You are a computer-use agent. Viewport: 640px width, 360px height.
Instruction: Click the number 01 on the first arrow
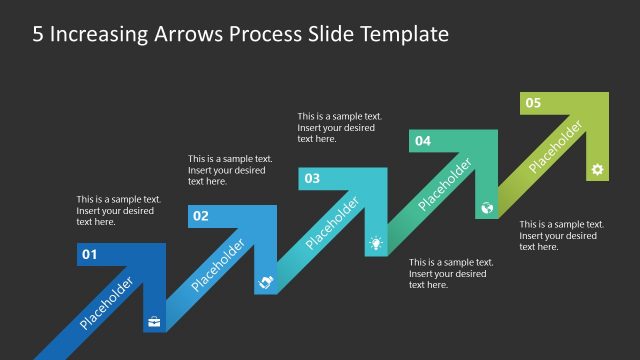coord(89,255)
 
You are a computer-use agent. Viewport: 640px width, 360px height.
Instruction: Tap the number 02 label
coord(201,216)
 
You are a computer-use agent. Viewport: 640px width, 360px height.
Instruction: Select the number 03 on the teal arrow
coord(312,179)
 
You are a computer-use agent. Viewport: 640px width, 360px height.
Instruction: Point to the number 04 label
coord(423,141)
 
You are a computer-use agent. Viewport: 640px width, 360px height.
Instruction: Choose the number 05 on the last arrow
coord(533,103)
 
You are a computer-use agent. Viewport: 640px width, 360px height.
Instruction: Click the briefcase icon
coord(154,321)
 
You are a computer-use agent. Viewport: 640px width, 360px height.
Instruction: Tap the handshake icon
coord(265,283)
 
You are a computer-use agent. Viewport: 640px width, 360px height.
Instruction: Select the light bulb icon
coord(376,243)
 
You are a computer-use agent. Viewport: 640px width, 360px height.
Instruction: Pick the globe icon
coord(487,208)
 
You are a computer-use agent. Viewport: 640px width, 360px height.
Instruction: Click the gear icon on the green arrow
coord(597,169)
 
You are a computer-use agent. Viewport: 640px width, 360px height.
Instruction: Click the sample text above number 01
coord(118,210)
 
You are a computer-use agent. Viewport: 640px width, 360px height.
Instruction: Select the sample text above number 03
coord(339,127)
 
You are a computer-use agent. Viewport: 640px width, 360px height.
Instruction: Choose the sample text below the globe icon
coord(561,235)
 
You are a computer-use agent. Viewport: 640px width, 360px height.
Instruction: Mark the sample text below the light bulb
coord(450,273)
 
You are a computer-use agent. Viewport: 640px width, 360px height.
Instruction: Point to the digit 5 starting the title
coord(38,34)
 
